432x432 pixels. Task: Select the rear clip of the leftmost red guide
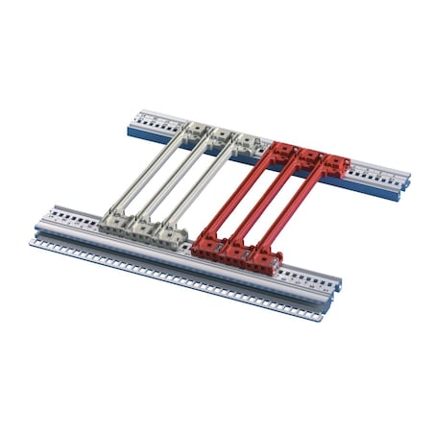click(282, 151)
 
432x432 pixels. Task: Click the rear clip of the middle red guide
click(309, 158)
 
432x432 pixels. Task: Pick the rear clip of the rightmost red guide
click(336, 165)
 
